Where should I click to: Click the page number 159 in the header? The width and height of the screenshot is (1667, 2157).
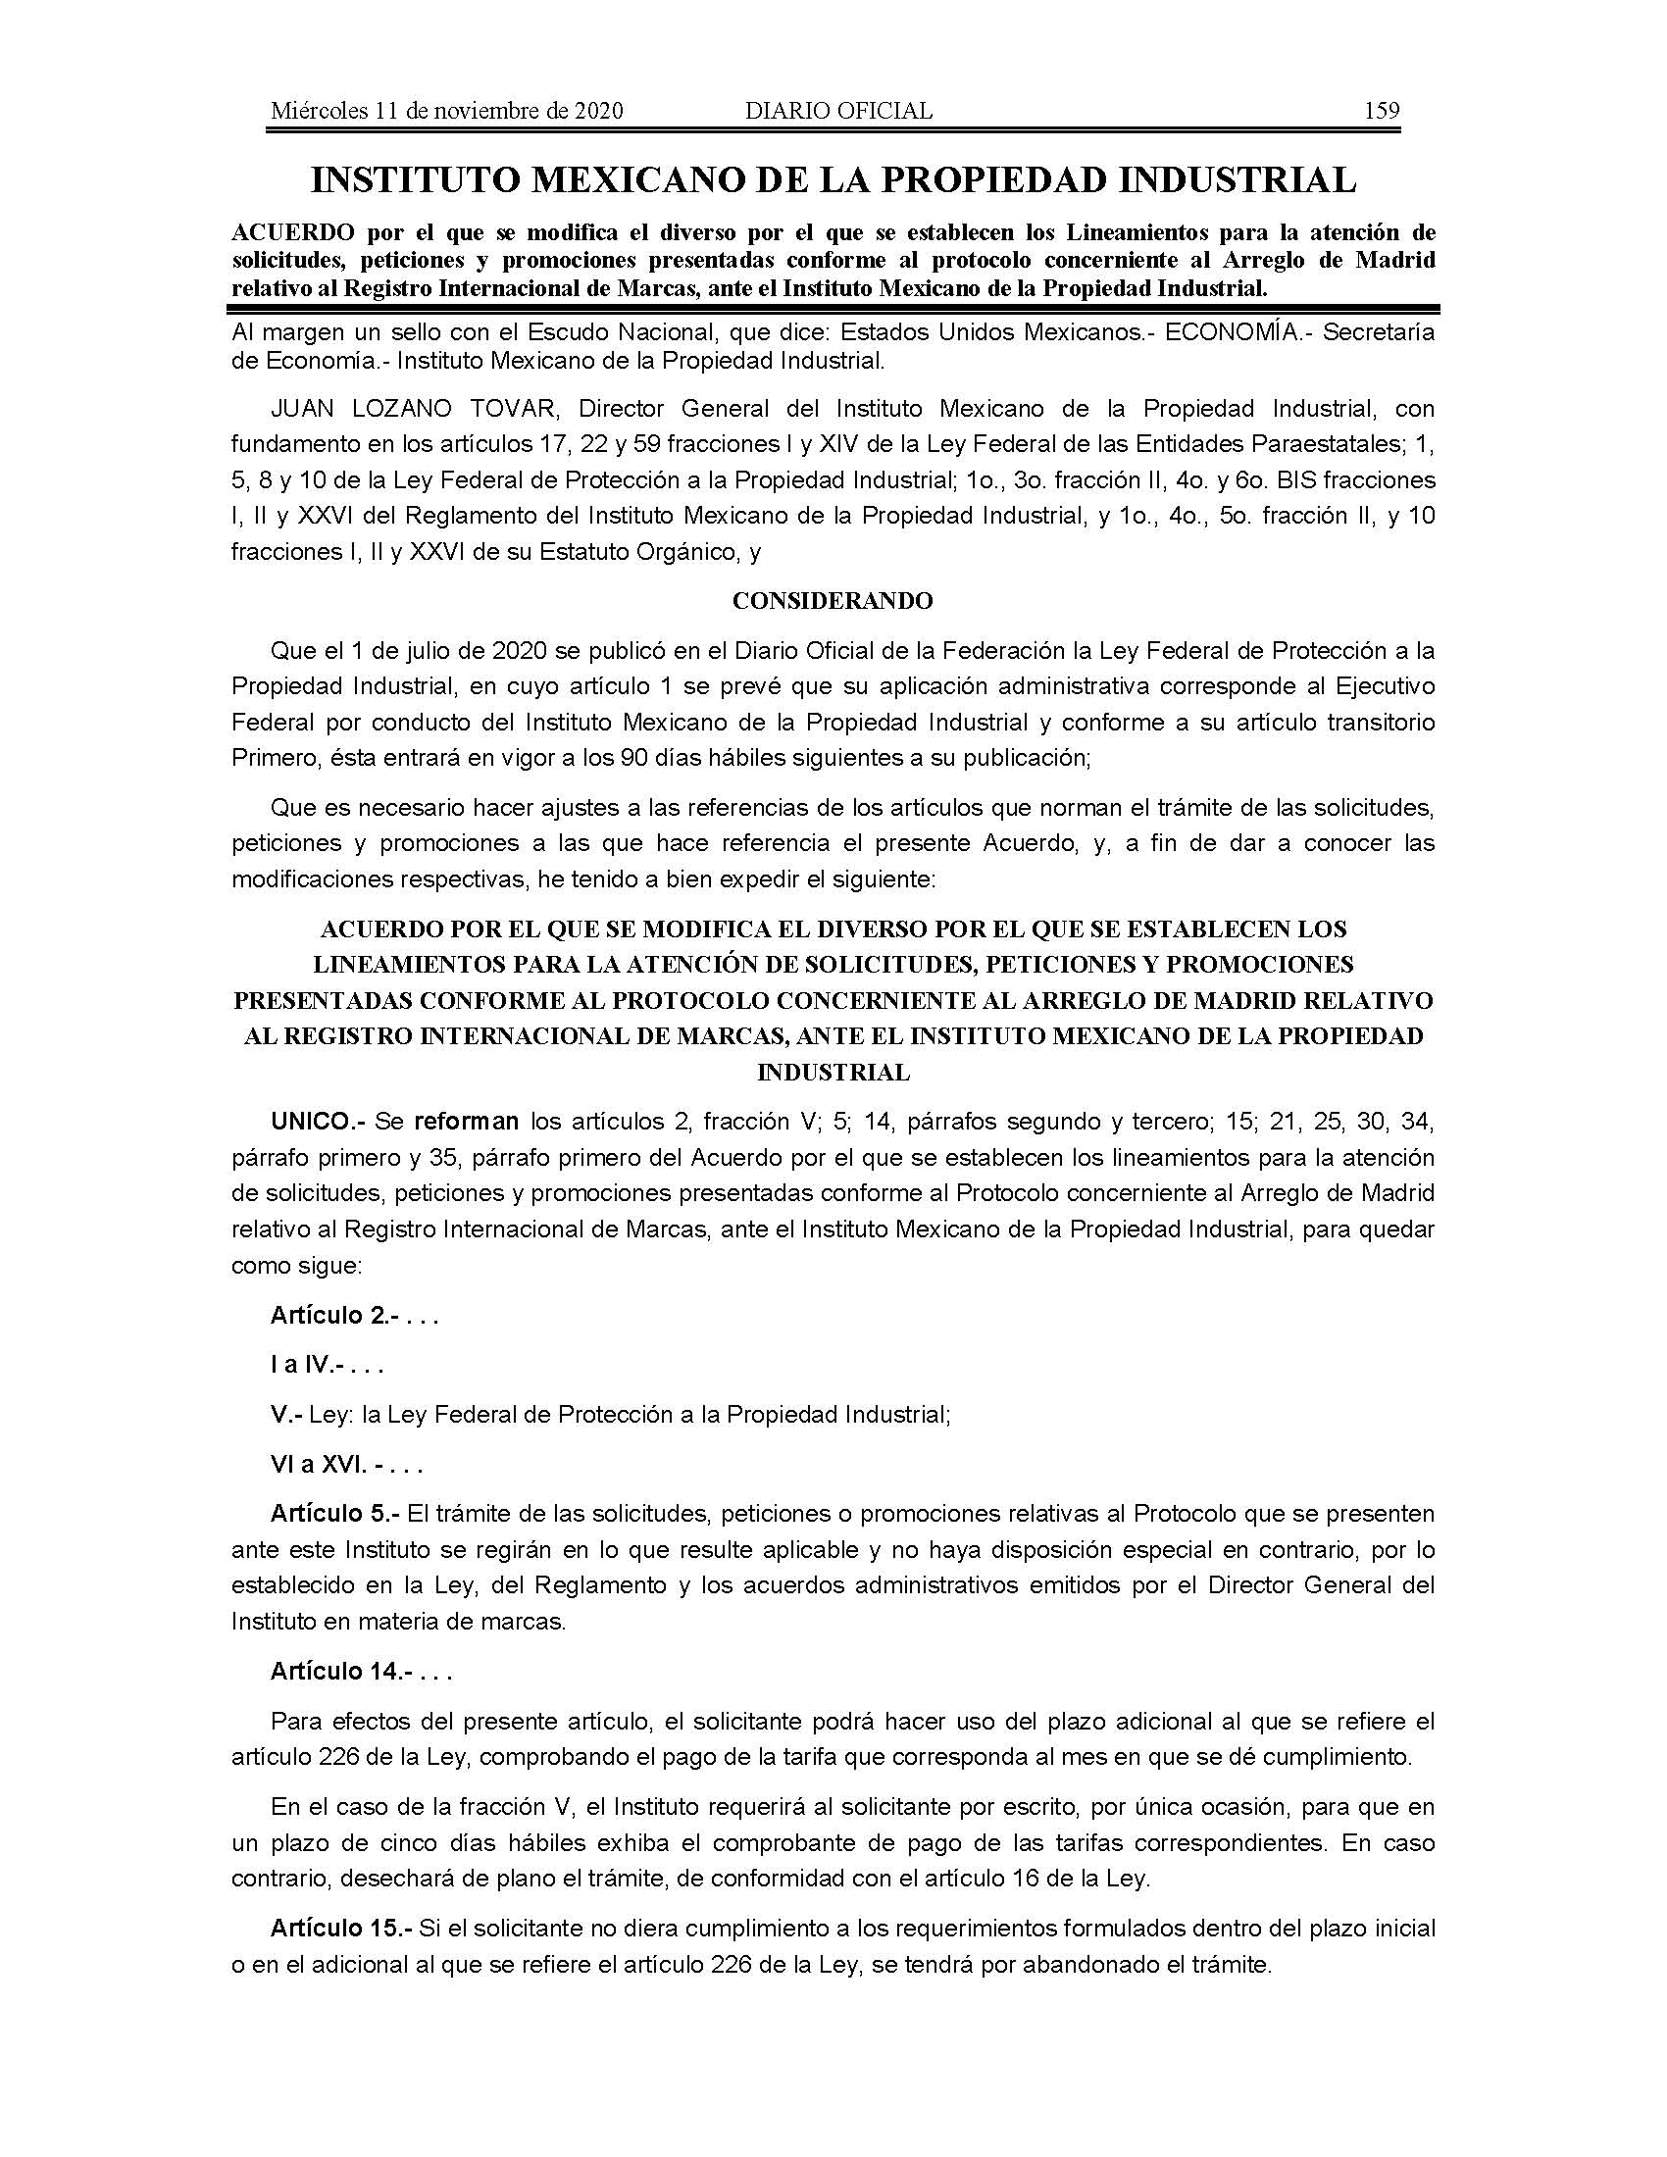1381,111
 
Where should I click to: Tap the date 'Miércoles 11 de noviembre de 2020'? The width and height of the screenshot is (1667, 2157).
446,111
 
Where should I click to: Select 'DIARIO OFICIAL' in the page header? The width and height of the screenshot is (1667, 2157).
838,111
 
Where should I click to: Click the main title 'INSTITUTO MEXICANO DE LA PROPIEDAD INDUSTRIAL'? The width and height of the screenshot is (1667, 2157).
833,179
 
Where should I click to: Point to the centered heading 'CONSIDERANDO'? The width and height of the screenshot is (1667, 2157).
833,600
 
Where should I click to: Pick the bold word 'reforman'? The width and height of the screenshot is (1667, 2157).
466,1121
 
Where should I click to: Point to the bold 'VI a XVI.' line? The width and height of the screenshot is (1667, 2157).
318,1465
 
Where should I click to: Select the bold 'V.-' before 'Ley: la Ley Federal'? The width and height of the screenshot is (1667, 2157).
284,1414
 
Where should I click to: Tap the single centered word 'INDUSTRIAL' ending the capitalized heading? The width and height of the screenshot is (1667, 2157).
833,1072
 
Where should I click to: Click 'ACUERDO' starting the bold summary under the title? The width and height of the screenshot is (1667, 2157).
292,233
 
